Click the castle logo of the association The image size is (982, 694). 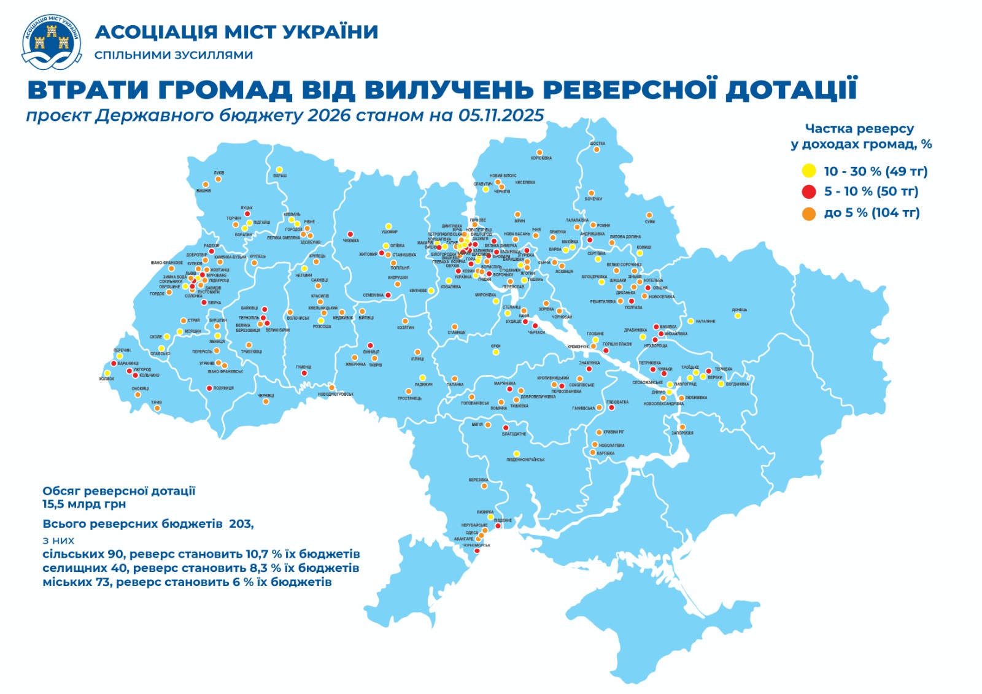(x=52, y=41)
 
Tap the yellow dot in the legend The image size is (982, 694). (x=809, y=171)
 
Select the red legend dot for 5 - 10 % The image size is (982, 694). (x=809, y=191)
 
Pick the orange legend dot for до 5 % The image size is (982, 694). (x=809, y=213)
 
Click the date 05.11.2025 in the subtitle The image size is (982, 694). (x=501, y=115)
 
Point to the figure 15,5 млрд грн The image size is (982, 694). (x=84, y=504)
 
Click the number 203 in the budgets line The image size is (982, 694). (x=240, y=523)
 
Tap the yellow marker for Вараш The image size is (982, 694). (x=279, y=169)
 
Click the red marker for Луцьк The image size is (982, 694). (x=247, y=214)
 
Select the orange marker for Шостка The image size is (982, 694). (x=597, y=150)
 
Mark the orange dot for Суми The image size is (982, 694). (x=649, y=215)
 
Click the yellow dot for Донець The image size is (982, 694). (x=738, y=316)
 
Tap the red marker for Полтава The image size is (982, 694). (x=632, y=301)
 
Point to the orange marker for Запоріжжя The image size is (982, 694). (x=682, y=427)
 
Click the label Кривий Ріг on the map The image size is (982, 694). (x=614, y=432)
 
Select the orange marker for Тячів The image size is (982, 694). (x=157, y=408)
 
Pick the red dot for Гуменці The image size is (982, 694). (x=304, y=373)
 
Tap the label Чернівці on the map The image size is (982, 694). (x=266, y=396)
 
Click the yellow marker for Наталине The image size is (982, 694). (x=690, y=321)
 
